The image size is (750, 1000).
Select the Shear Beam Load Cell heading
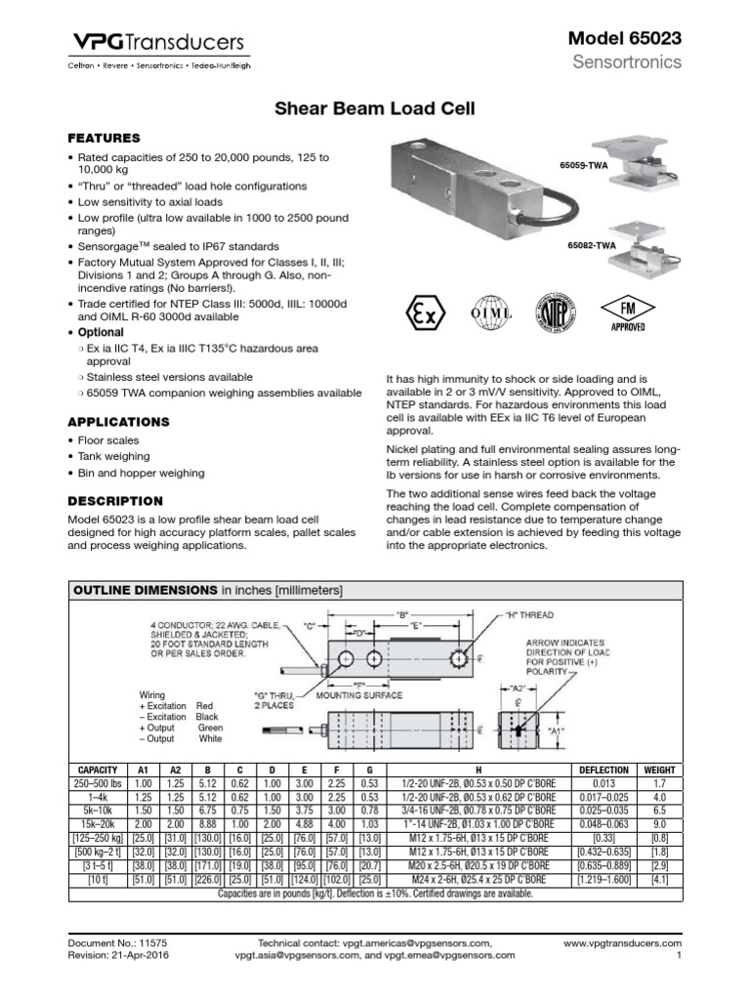(373, 109)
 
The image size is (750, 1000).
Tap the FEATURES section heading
(103, 138)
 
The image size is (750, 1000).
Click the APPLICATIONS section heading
(118, 422)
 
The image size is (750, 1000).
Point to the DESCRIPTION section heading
(114, 500)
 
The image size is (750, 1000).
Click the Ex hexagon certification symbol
(422, 315)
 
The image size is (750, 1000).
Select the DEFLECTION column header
(604, 770)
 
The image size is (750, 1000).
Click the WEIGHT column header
(659, 770)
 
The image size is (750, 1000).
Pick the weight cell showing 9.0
(659, 824)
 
